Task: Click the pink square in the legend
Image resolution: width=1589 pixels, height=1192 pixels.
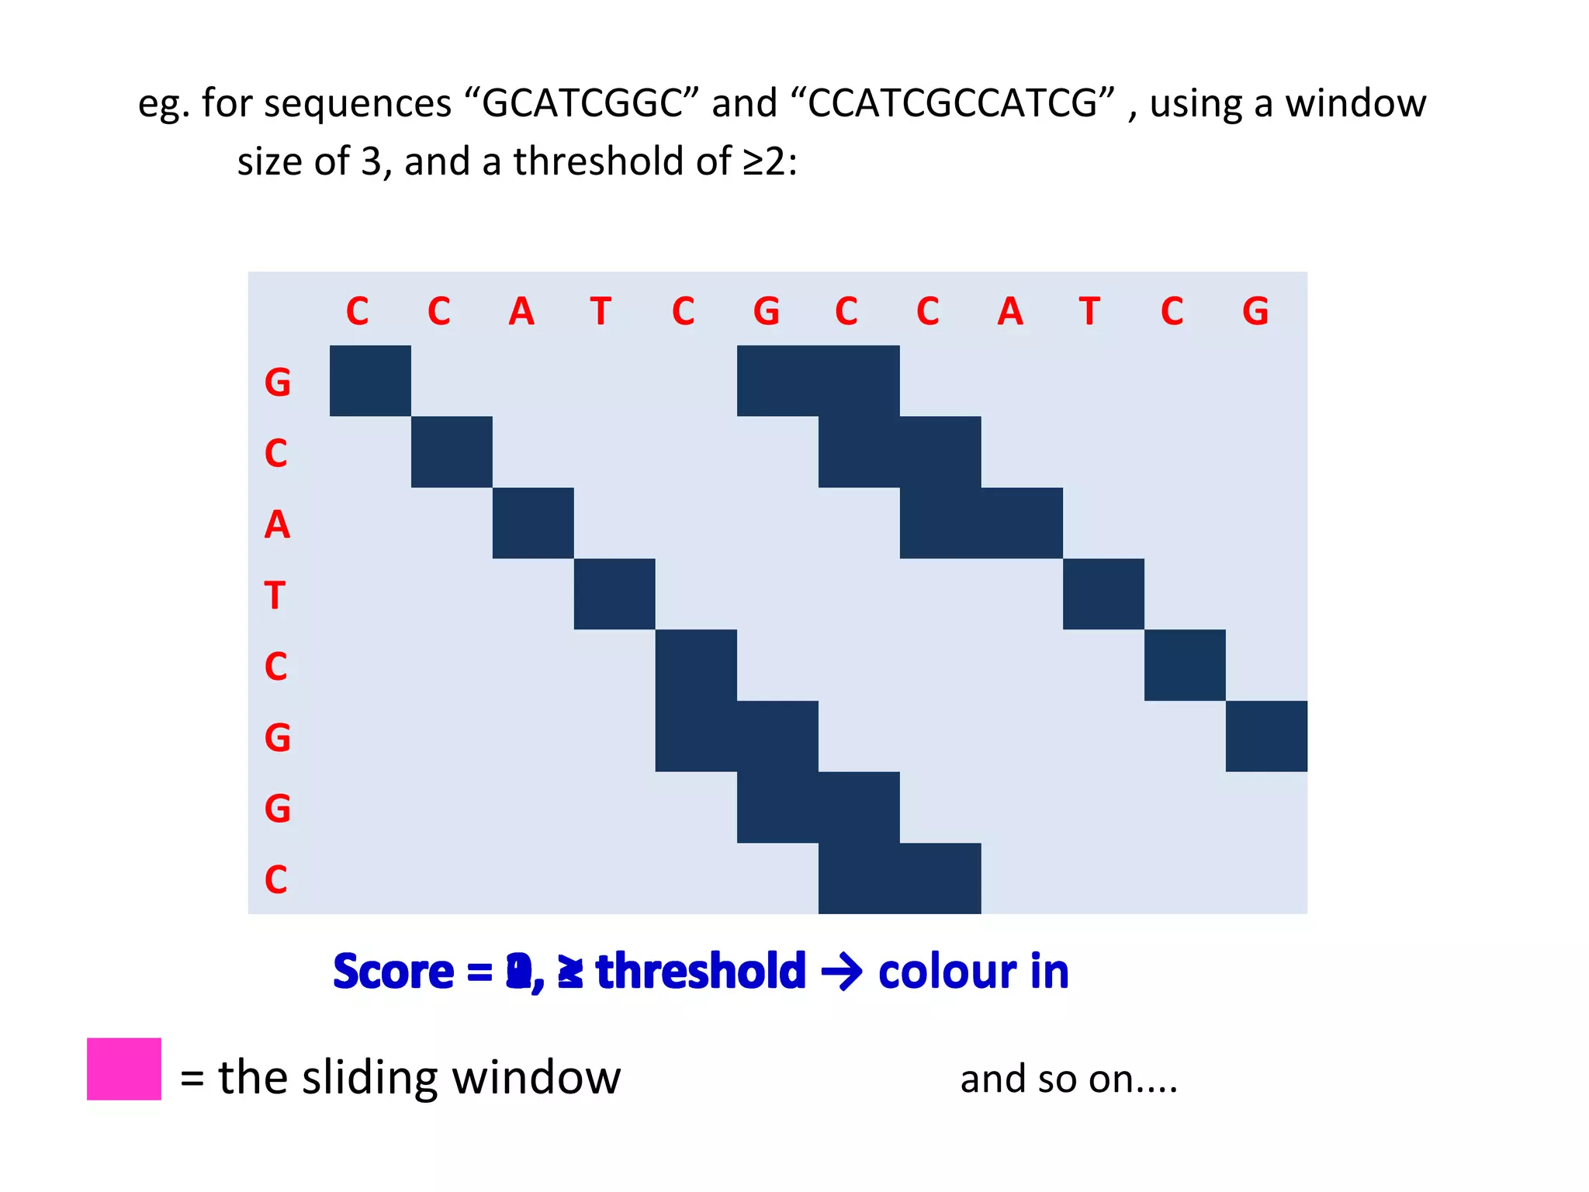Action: tap(124, 1069)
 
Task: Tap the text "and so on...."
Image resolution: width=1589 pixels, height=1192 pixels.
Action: tap(1068, 1079)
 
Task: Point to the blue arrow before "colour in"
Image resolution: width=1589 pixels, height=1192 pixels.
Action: tap(841, 972)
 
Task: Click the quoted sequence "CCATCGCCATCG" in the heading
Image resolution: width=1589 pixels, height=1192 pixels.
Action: tap(961, 103)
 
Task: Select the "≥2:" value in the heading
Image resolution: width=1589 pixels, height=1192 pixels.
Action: tap(770, 161)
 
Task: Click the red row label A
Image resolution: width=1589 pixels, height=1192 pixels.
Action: tap(277, 525)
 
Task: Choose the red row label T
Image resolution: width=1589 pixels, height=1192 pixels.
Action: tap(275, 595)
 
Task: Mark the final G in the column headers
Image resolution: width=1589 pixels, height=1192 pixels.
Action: tap(1255, 311)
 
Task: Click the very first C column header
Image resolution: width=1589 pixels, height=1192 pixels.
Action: tap(357, 311)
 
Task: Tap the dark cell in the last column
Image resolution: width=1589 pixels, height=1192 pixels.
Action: tap(1266, 736)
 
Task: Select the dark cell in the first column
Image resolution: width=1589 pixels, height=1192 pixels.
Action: tap(370, 380)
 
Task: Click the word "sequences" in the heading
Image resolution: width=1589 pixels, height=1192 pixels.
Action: tap(358, 103)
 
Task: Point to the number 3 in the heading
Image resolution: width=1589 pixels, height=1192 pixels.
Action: tap(372, 161)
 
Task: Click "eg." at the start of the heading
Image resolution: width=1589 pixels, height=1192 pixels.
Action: tap(163, 103)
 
